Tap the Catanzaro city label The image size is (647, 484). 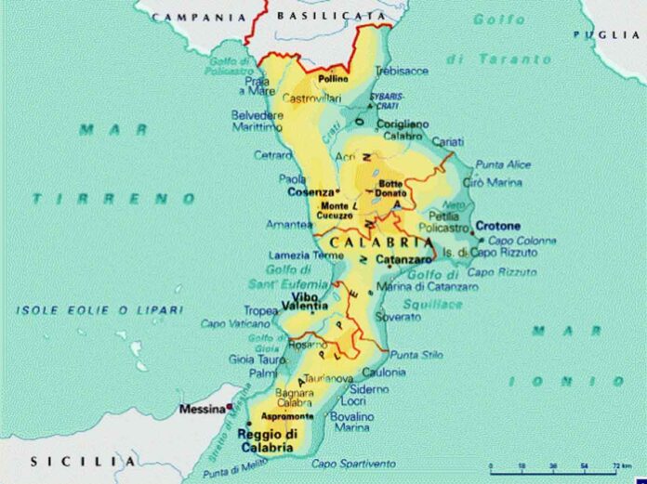coord(404,260)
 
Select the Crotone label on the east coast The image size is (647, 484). coord(500,226)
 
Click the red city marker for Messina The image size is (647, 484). coord(227,408)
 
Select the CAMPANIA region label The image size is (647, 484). coord(200,17)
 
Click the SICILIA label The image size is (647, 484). coord(84,461)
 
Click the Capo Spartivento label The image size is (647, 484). coord(353,464)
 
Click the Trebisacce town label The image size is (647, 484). coord(402,71)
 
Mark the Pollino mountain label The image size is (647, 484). coord(333,79)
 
